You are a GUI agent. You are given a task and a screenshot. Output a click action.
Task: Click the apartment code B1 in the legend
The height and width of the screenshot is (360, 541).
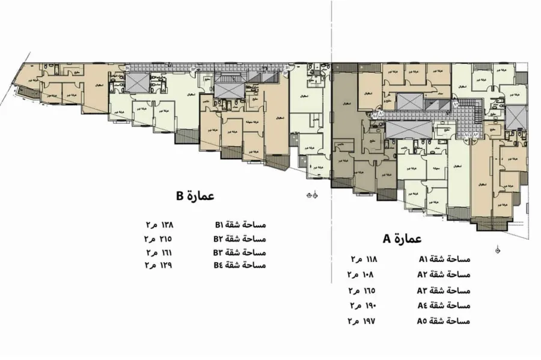(x=220, y=225)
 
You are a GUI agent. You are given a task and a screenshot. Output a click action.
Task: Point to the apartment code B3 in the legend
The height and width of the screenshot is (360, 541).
(x=220, y=252)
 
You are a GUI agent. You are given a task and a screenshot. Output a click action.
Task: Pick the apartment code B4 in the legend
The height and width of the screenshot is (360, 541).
(x=220, y=265)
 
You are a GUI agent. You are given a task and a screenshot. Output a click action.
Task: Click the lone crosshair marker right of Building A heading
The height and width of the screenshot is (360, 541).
(x=498, y=249)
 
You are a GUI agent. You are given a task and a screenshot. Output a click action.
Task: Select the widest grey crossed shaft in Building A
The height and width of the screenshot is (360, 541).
(x=408, y=129)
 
